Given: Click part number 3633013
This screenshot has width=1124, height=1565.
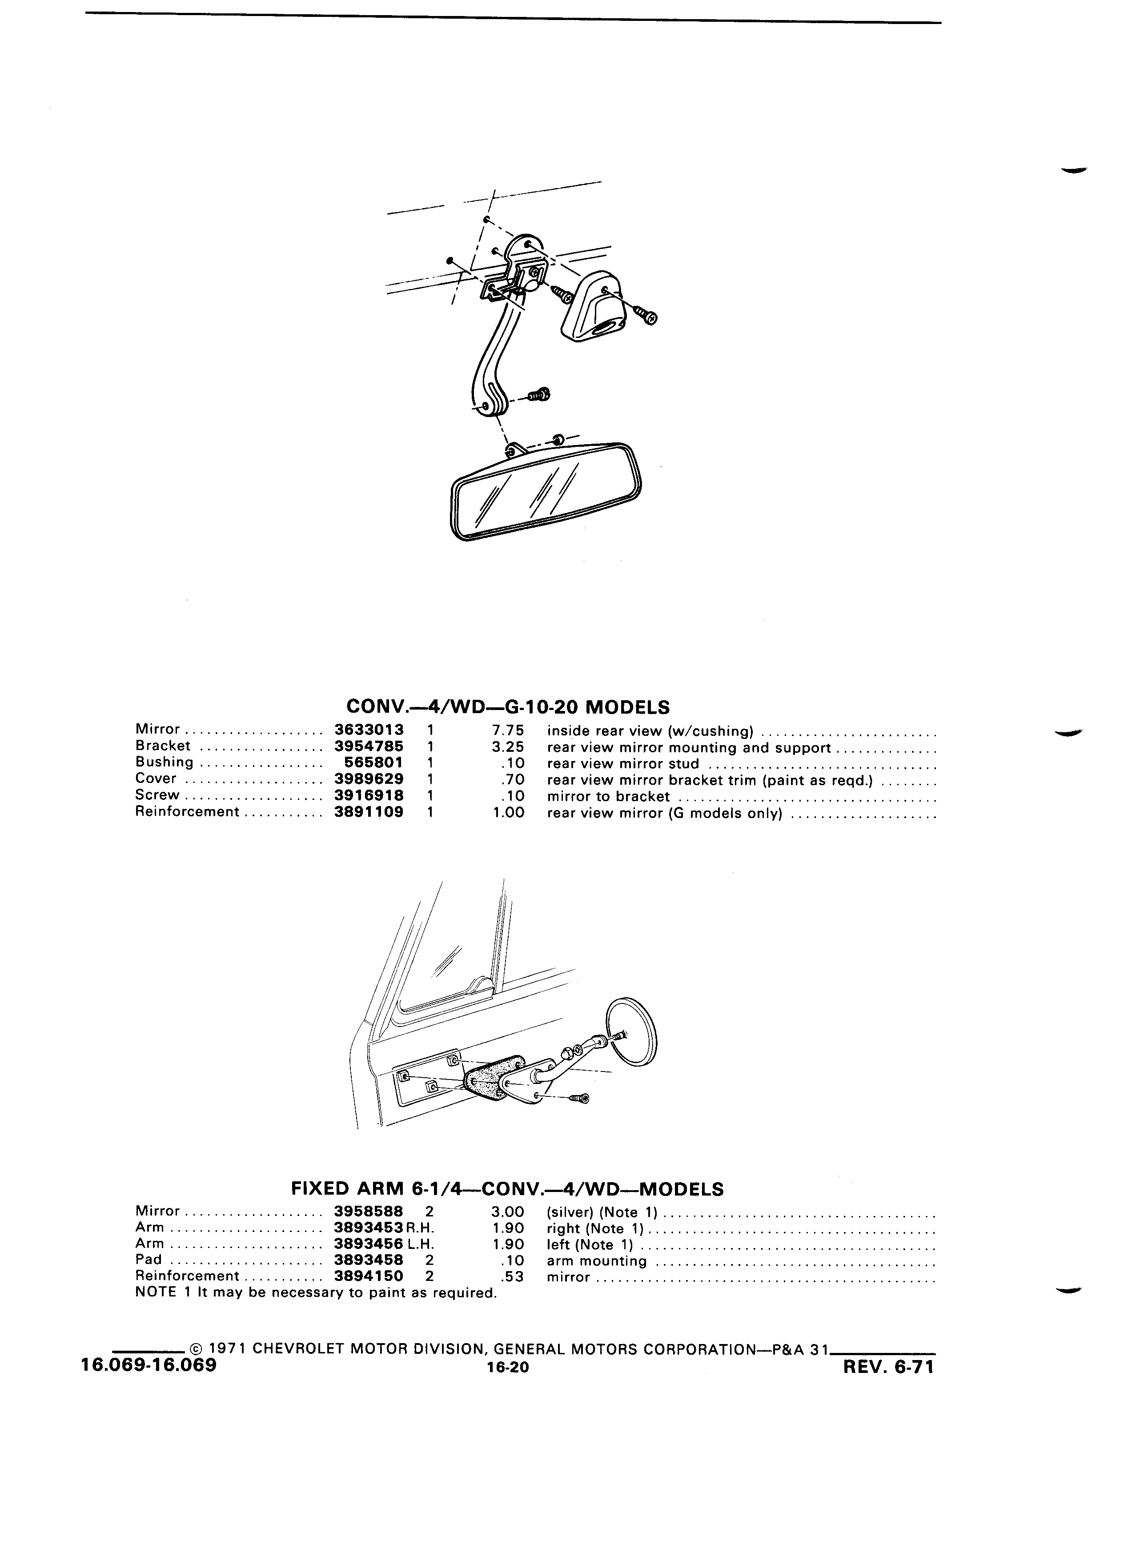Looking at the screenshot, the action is click(369, 729).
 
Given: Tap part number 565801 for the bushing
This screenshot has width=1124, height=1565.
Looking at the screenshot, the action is click(373, 762).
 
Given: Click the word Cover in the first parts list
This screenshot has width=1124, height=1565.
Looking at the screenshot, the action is click(156, 779).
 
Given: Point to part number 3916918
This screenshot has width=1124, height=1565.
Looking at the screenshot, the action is click(369, 795).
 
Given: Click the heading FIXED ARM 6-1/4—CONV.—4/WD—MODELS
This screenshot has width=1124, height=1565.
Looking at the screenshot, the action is click(507, 1189).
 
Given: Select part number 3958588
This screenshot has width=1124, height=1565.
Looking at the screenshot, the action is click(369, 1212).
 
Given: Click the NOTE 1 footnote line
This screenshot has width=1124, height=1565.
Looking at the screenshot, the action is click(316, 1292).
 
